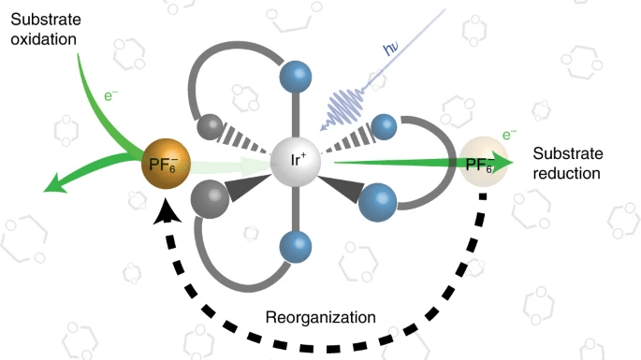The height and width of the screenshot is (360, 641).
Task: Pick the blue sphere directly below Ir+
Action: point(297,248)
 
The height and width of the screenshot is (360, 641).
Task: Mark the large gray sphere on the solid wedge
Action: point(210,199)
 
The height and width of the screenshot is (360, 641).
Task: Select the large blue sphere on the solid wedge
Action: point(379,201)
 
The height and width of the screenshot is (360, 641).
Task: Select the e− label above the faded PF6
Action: point(509,136)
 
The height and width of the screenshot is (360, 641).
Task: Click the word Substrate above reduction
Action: point(562,152)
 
